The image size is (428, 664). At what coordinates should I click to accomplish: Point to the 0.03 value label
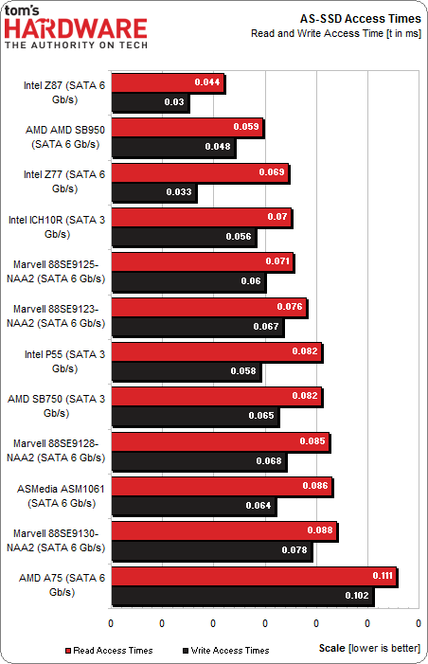point(173,102)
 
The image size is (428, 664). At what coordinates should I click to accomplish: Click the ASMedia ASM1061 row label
point(65,494)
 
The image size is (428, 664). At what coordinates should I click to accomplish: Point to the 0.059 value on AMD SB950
point(246,127)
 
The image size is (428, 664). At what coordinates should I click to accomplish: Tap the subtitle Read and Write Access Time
point(335,33)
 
